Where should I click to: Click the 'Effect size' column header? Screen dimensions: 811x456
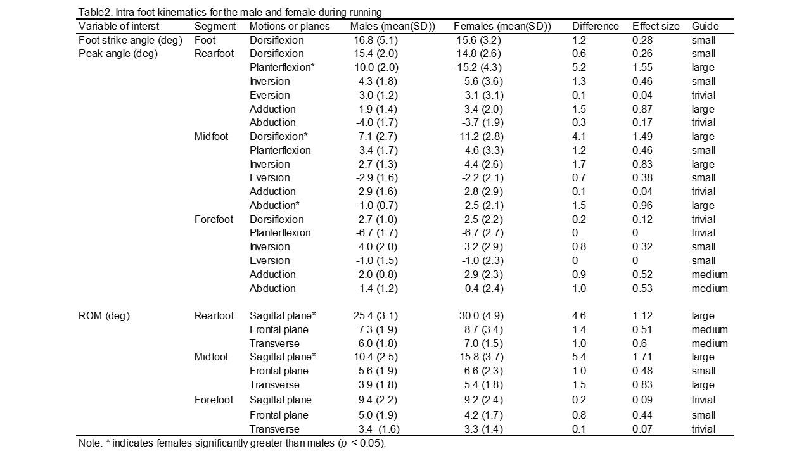click(x=656, y=27)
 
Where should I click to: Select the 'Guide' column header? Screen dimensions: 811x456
click(x=705, y=27)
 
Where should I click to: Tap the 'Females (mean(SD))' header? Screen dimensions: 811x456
click(x=502, y=27)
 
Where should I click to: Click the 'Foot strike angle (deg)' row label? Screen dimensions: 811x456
click(x=131, y=40)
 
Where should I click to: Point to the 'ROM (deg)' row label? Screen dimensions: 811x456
click(x=105, y=316)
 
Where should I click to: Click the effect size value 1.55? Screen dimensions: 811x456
click(x=642, y=68)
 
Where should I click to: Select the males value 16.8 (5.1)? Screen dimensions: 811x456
click(x=376, y=40)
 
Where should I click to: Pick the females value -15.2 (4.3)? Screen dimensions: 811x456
click(x=478, y=68)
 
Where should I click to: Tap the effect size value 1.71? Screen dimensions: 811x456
click(x=642, y=357)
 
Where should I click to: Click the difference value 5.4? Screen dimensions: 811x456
click(x=579, y=357)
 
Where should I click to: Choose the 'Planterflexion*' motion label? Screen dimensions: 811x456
click(x=282, y=68)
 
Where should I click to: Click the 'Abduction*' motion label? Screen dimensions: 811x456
click(x=274, y=206)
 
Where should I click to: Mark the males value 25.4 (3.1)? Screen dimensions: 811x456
click(x=376, y=316)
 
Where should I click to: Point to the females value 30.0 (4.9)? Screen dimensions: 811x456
click(x=482, y=316)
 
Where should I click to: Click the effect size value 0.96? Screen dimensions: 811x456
click(x=642, y=206)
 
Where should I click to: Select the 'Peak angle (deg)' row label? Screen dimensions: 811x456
click(x=118, y=54)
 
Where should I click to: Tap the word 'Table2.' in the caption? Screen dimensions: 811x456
click(x=95, y=13)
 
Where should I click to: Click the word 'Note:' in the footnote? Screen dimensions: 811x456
click(x=91, y=443)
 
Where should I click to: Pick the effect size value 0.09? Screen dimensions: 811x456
click(x=642, y=400)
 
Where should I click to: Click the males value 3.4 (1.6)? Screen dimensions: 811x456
click(x=379, y=429)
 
